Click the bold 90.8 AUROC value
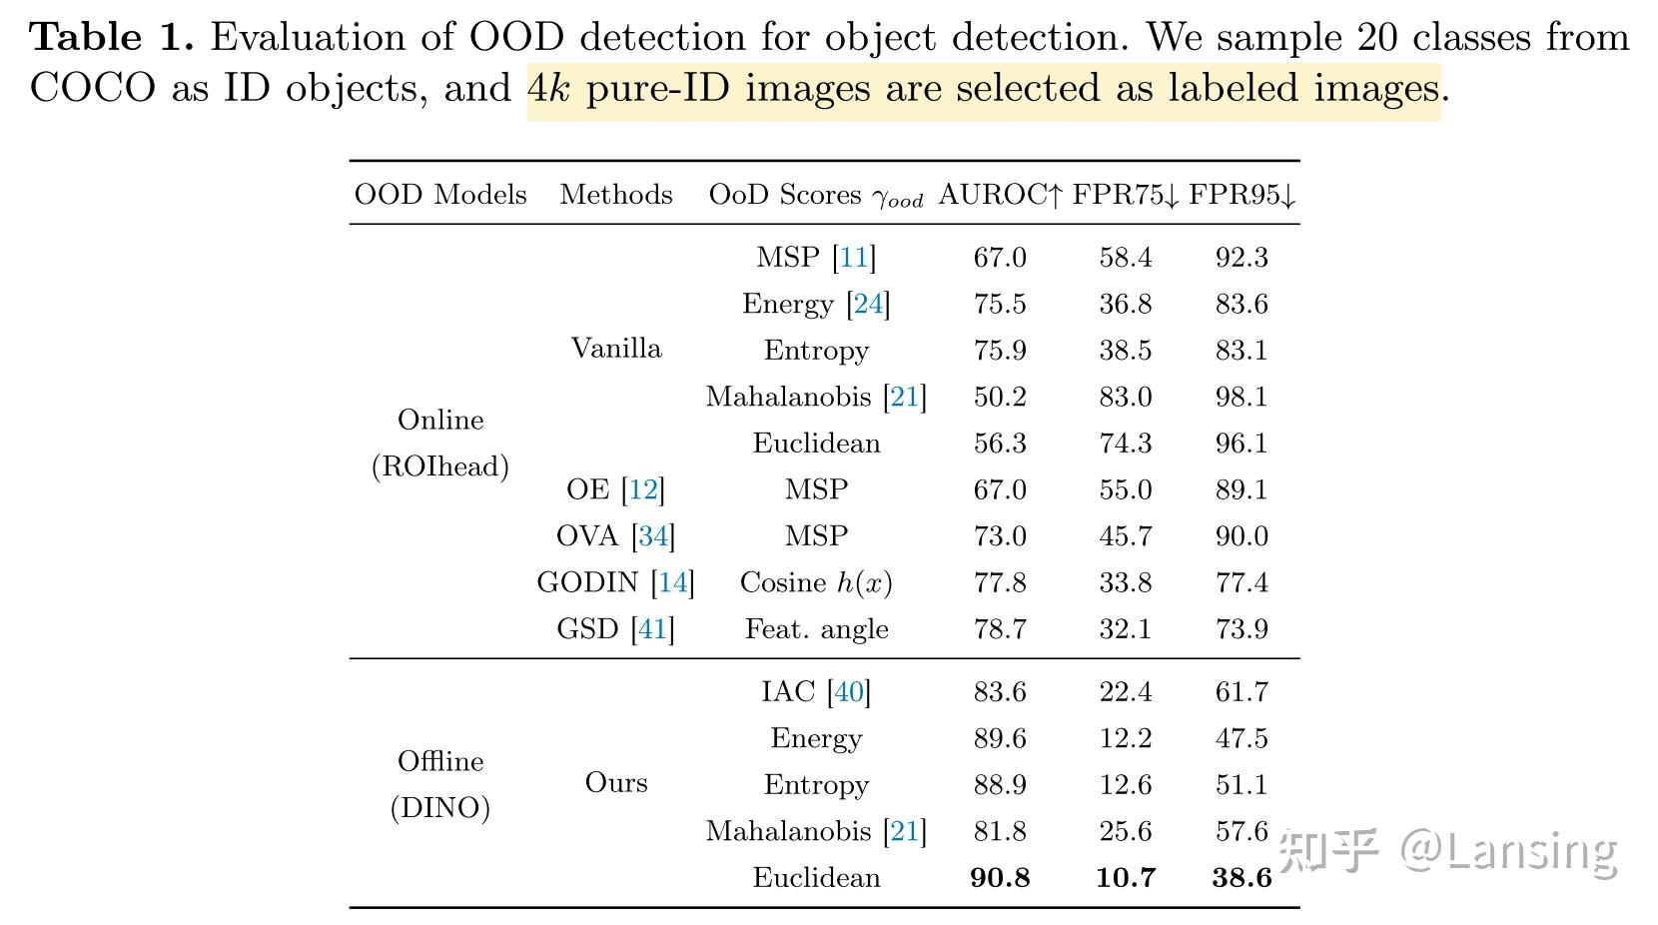(x=1000, y=878)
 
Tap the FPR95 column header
(x=1242, y=195)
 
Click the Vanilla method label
(x=616, y=349)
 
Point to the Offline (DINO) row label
(x=440, y=784)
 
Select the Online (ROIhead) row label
(x=440, y=443)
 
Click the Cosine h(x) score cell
(x=816, y=582)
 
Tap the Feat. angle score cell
(x=816, y=629)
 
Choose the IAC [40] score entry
(x=816, y=691)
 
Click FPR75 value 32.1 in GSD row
(x=1126, y=629)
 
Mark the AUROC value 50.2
(x=1000, y=397)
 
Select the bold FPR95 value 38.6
(x=1242, y=878)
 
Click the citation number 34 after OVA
(x=653, y=536)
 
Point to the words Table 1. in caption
(x=111, y=38)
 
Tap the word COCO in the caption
(x=93, y=89)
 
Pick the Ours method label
(x=616, y=782)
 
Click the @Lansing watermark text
(x=1508, y=851)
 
